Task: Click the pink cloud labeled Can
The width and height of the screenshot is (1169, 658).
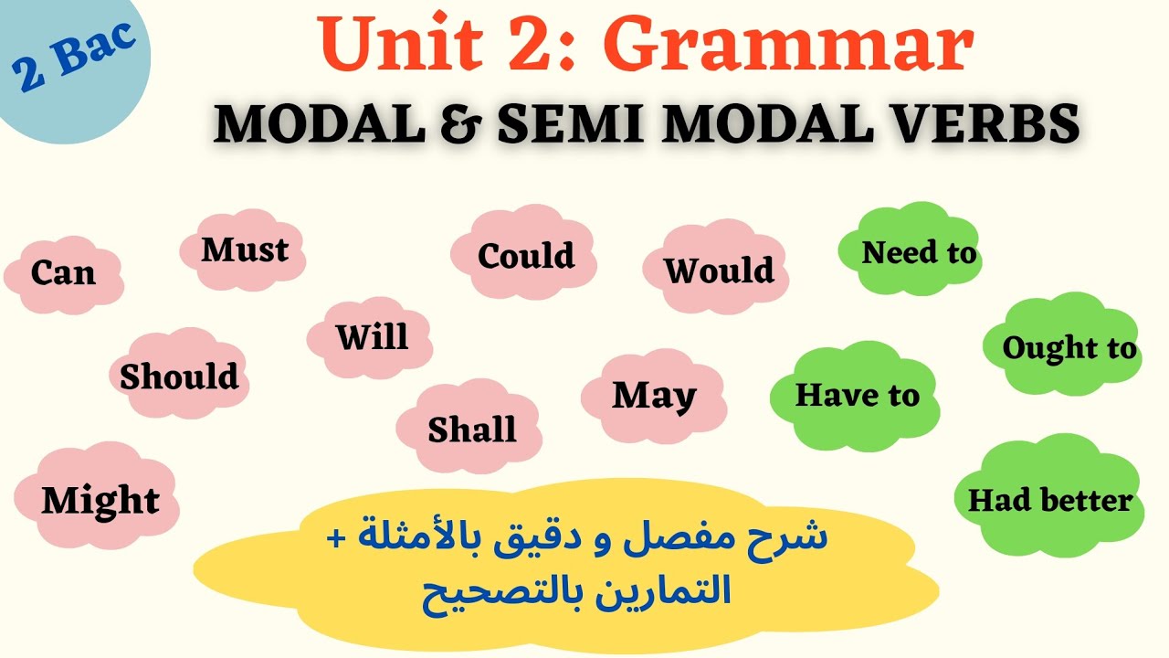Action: coord(63,272)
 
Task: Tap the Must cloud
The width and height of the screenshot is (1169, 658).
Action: coord(244,249)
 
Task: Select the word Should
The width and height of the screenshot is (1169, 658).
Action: coord(179,376)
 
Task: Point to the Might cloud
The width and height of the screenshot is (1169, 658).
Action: coord(100,500)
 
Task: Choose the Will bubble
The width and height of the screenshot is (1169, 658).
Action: coord(371,337)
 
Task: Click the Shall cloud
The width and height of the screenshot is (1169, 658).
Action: coord(471,430)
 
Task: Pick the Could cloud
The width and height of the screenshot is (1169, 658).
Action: coord(525,255)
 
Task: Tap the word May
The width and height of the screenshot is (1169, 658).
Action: coord(654,395)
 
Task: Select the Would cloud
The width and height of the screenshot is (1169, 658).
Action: coord(718,271)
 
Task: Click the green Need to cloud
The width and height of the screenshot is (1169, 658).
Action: coord(918,252)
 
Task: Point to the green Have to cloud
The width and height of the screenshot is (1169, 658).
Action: coord(857,395)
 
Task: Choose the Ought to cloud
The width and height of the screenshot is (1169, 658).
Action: coord(1069,347)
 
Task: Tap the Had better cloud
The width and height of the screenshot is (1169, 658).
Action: coord(1049,500)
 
